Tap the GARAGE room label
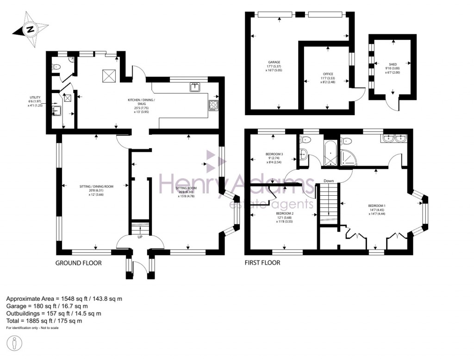(274, 62)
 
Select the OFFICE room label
(328, 74)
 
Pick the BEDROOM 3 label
(274, 154)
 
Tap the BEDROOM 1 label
(376, 205)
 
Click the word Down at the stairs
(329, 181)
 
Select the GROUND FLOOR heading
(78, 263)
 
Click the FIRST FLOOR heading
(262, 263)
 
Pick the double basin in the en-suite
(394, 138)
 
